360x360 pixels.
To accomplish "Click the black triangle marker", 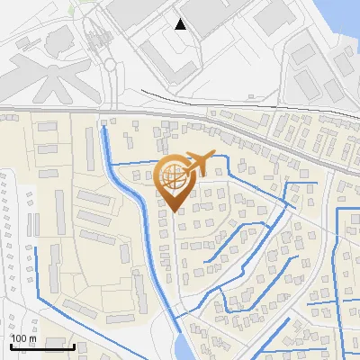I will [181, 23].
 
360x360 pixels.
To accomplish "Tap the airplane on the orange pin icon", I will [197, 162].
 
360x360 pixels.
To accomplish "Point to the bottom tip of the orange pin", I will [174, 211].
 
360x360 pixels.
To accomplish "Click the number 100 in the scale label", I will [20, 337].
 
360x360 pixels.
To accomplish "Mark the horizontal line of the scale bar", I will [41, 346].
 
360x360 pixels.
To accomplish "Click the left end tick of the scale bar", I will [10, 345].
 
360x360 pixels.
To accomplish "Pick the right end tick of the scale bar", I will [73, 345].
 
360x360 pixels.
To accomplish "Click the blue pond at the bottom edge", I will [181, 346].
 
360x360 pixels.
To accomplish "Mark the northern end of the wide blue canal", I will [106, 130].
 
